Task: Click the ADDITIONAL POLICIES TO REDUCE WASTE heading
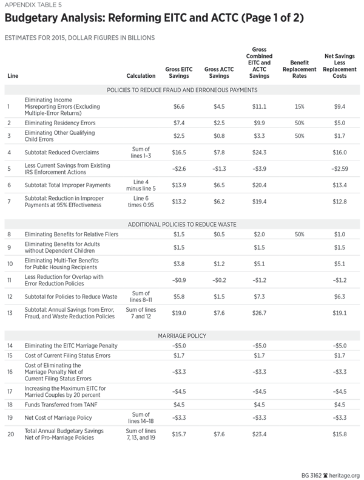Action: [x=183, y=224]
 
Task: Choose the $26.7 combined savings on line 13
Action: [x=260, y=313]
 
